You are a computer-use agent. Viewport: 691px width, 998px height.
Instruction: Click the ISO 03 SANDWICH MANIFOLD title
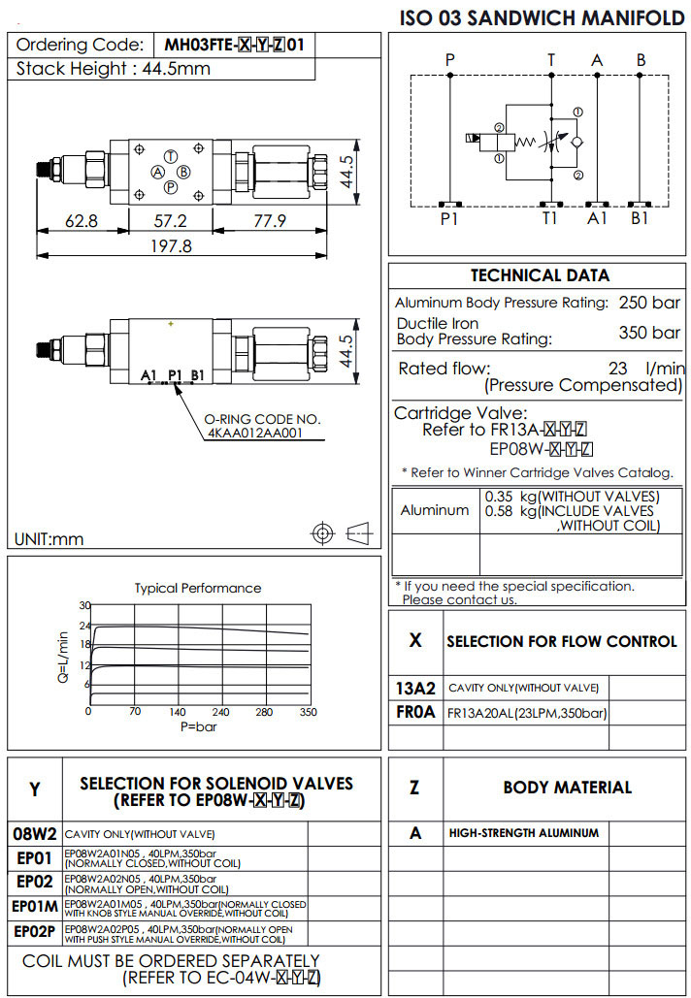click(543, 17)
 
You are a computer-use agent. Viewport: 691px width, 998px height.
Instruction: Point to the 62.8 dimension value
click(81, 220)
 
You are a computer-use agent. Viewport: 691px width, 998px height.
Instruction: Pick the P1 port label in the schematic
click(448, 218)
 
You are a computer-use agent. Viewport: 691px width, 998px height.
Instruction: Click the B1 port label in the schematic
click(640, 218)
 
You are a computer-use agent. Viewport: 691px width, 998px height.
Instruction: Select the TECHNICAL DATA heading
click(540, 275)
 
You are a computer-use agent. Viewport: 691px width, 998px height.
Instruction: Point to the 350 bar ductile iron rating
click(649, 333)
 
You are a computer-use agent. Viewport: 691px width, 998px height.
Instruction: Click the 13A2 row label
click(415, 688)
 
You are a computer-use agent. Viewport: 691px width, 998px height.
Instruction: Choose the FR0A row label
click(415, 713)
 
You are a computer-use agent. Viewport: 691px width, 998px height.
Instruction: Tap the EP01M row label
click(35, 907)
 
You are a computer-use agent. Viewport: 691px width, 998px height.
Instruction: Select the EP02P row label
click(35, 932)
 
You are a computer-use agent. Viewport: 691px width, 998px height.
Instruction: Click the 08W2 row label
click(35, 833)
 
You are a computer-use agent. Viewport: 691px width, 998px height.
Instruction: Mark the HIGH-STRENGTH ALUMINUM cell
click(524, 832)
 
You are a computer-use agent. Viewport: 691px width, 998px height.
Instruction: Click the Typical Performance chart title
click(197, 588)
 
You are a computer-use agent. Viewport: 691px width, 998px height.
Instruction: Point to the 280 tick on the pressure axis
click(264, 712)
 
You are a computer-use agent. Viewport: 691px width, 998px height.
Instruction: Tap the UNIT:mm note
click(49, 539)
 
